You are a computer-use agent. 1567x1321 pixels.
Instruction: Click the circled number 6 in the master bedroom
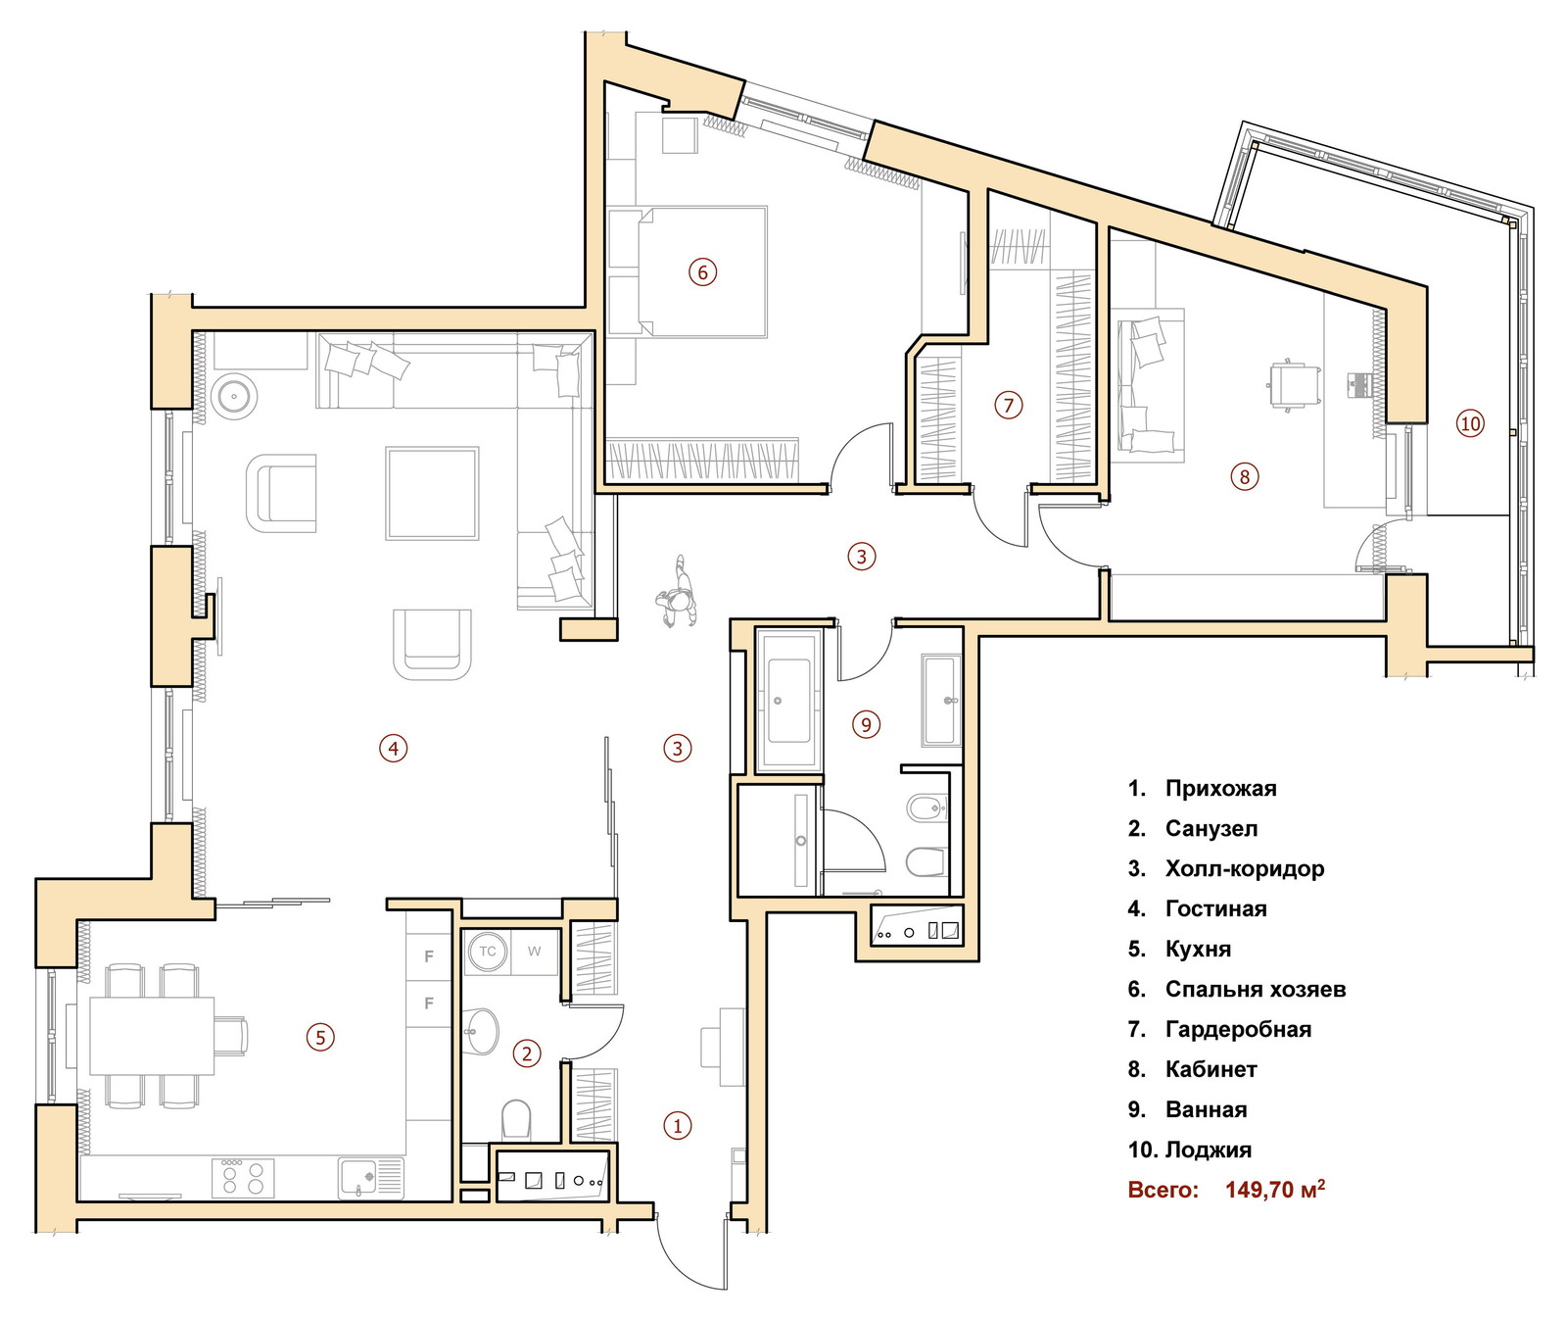702,271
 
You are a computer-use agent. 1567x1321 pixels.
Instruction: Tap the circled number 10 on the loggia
1470,423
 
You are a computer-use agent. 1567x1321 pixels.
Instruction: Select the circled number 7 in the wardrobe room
1008,405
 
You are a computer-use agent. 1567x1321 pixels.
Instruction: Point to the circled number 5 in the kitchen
320,1037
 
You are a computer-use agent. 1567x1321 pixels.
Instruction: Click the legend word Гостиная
1215,908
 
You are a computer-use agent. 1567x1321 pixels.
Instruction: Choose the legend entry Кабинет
1211,1069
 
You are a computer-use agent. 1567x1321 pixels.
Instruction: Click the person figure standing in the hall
677,593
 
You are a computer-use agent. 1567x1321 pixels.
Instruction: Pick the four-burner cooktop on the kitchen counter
243,1177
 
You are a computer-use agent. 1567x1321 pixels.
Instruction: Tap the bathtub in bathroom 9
787,700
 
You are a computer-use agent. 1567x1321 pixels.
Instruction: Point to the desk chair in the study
1293,384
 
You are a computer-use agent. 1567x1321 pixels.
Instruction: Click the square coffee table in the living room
432,493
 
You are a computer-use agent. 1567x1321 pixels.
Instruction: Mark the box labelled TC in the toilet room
487,952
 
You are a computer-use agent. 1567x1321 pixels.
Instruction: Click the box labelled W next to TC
534,952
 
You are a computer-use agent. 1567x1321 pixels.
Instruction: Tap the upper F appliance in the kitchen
429,955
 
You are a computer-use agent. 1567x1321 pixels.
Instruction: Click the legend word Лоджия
1209,1150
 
